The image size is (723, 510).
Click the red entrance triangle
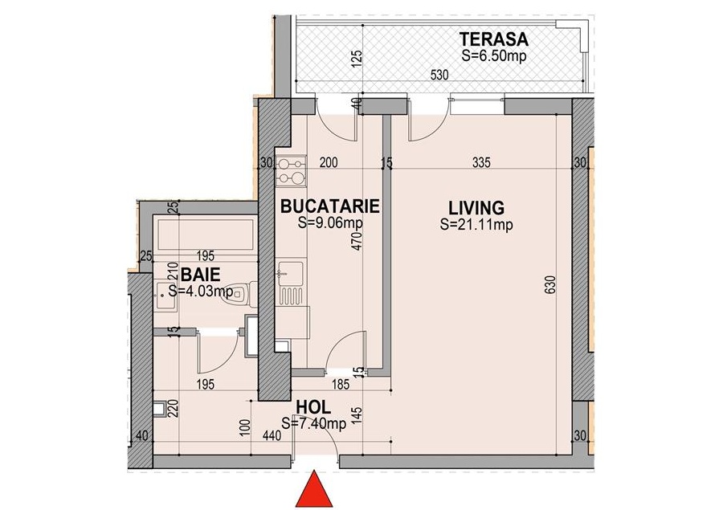[314, 489]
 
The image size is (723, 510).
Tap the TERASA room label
[494, 39]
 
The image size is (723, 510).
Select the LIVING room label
[476, 208]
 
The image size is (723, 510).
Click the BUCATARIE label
[330, 206]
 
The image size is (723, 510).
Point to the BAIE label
[200, 275]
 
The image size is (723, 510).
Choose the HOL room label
[313, 407]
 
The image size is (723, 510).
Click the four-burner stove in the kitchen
[292, 171]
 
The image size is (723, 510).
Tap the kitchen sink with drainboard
[291, 283]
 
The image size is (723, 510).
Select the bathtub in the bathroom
[205, 235]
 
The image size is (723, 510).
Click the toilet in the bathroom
[239, 294]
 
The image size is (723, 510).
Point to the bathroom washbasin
[165, 296]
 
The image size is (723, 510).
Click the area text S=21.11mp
[476, 225]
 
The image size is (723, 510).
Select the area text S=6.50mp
[494, 55]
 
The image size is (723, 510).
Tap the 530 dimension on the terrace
[439, 75]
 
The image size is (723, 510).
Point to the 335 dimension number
[481, 162]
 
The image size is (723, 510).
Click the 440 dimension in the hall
[272, 435]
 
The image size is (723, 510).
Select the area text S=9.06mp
[330, 222]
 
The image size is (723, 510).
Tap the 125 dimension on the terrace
[358, 59]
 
